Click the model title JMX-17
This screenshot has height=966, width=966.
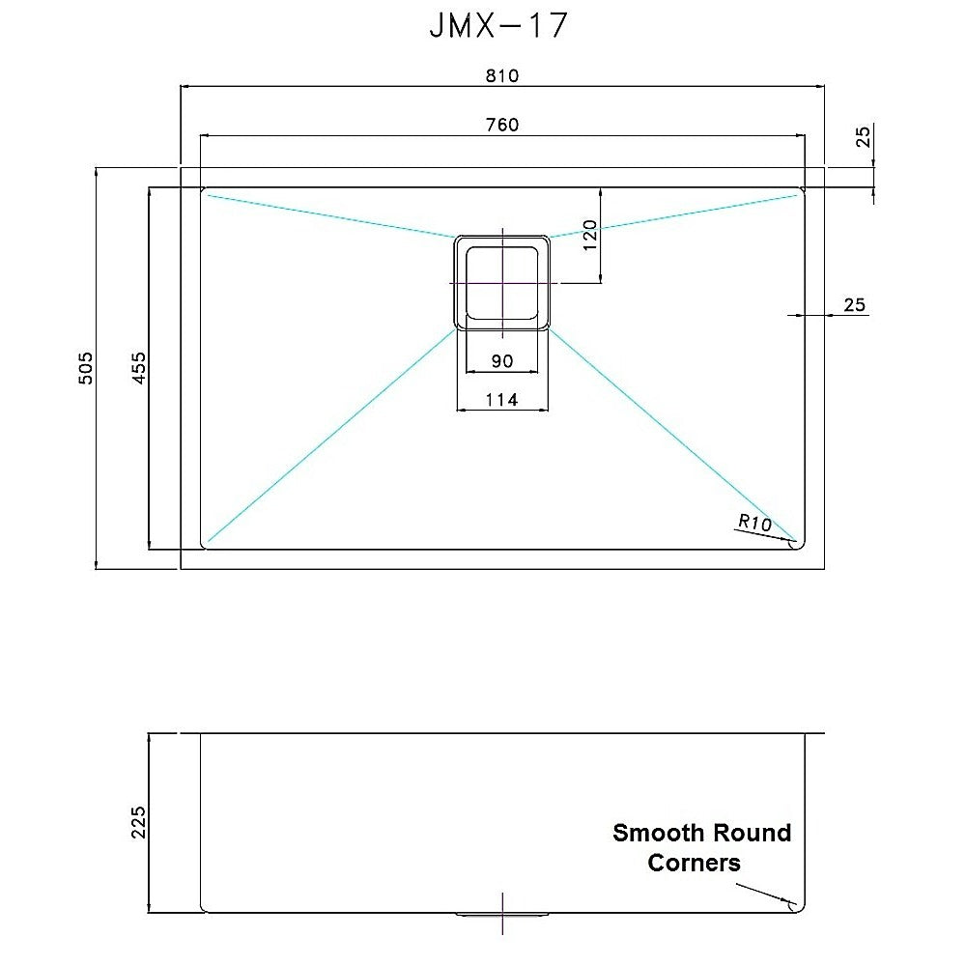497,26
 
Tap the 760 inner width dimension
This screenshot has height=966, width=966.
502,125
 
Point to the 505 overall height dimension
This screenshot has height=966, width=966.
86,368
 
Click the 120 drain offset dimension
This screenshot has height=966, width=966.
590,235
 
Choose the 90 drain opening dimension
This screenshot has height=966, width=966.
501,361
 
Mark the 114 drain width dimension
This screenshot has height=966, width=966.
501,399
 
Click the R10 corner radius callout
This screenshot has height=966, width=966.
753,523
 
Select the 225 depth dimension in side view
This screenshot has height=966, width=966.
138,821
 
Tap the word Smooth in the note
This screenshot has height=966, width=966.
658,833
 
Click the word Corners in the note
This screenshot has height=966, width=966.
694,863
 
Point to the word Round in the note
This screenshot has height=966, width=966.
752,833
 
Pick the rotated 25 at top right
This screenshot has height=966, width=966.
864,136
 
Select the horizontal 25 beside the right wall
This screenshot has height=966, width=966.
854,305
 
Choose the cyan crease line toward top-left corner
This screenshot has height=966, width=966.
328,215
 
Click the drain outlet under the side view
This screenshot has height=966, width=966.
502,913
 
